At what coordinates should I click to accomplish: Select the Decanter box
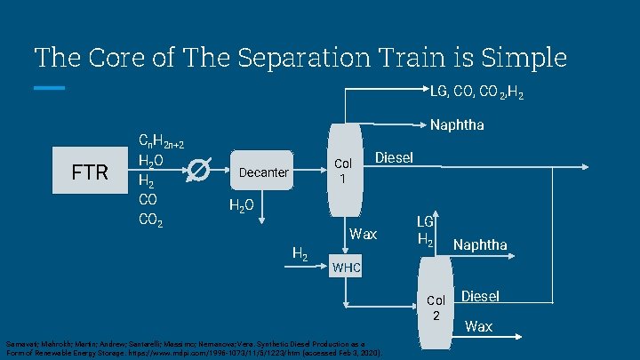[264, 172]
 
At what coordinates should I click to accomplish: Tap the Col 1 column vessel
[342, 169]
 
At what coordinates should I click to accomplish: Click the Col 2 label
[436, 308]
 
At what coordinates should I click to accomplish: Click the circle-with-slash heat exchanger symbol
[201, 171]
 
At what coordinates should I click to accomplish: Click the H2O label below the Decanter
[242, 206]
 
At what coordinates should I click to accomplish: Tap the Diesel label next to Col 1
[395, 157]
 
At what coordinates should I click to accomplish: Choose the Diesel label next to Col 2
[481, 296]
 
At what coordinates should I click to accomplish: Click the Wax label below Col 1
[364, 235]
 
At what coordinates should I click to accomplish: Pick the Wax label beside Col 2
[478, 326]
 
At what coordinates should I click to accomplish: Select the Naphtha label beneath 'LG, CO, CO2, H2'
[457, 124]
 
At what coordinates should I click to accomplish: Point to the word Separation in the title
[285, 58]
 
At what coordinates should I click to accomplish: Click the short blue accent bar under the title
[50, 88]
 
